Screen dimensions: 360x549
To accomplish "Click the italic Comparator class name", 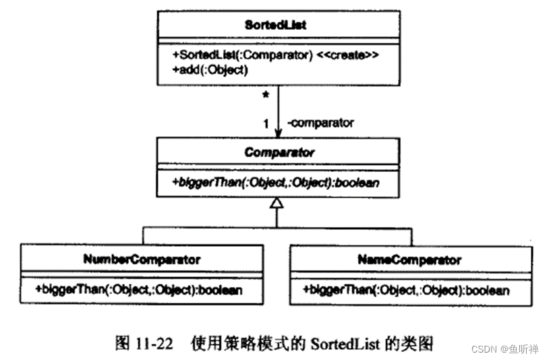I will [x=279, y=152].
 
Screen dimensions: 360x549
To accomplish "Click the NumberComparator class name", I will [x=142, y=259].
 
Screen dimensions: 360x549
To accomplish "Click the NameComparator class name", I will [x=409, y=259].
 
